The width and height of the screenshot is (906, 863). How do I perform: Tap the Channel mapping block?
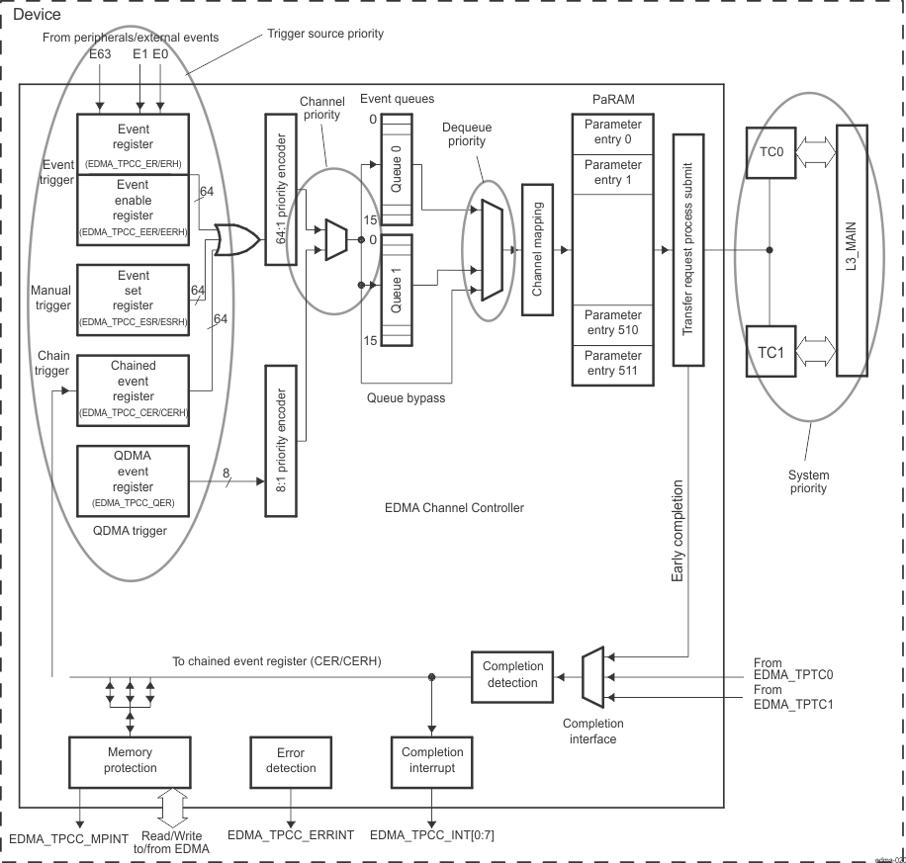[538, 250]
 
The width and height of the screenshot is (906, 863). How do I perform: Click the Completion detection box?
[513, 674]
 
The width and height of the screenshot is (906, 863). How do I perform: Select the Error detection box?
[291, 760]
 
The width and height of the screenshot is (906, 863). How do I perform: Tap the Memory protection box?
[130, 760]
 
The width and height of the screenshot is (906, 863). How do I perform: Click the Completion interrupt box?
[432, 760]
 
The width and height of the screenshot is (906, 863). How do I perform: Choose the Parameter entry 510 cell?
[612, 322]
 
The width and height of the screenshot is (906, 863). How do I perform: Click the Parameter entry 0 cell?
[612, 131]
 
